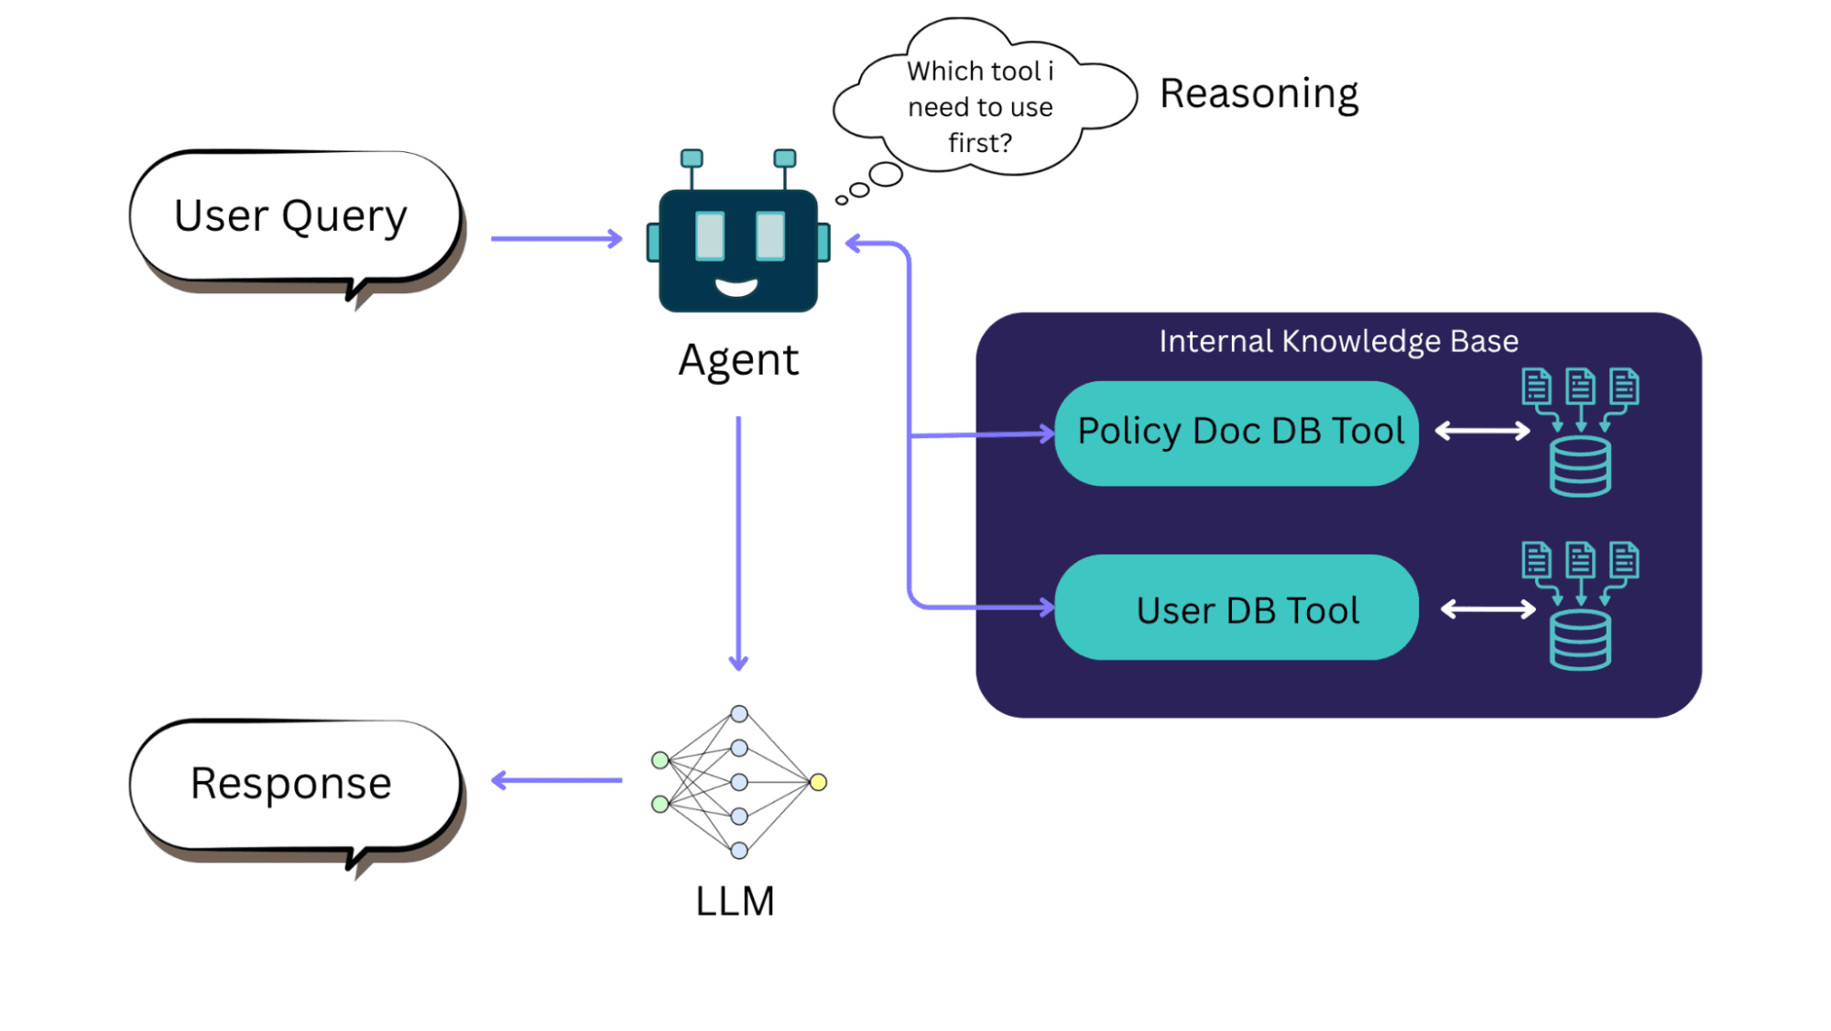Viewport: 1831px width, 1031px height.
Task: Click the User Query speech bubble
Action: (293, 217)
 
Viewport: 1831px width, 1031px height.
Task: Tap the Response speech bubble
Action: (293, 784)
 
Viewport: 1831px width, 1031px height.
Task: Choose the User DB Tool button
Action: (1237, 609)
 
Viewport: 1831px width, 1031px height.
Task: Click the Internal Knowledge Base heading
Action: (1338, 342)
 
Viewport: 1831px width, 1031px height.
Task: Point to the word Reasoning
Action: (1259, 94)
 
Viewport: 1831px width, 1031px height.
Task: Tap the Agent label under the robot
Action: (738, 360)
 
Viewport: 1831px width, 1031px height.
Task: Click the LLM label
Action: (735, 902)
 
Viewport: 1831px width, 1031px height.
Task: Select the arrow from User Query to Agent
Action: (556, 239)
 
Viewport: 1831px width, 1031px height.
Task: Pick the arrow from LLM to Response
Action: (556, 781)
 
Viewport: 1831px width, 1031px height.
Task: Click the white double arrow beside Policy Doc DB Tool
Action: (1482, 431)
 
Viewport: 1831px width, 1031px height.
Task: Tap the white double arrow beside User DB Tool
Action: (1488, 609)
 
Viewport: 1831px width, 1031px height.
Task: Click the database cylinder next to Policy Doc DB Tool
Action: (1580, 466)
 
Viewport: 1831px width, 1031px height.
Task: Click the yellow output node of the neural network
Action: (818, 782)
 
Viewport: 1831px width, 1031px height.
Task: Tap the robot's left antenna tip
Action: (692, 159)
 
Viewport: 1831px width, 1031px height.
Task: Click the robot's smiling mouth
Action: (736, 288)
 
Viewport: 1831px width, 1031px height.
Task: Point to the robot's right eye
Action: (770, 236)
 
